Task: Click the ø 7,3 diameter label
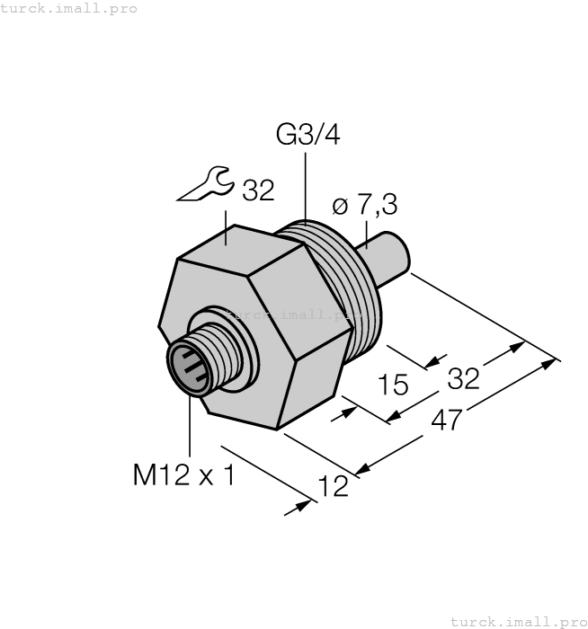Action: [x=364, y=206]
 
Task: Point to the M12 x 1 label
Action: [x=183, y=474]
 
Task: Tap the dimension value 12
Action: [x=334, y=486]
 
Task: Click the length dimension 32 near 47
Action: [x=463, y=378]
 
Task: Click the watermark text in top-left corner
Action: [x=69, y=8]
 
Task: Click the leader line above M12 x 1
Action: [x=191, y=427]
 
